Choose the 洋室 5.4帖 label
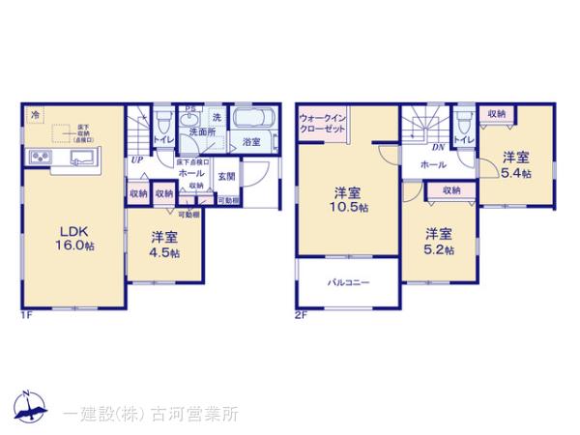pos(514,164)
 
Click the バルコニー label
pos(344,282)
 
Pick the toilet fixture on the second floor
pos(466,123)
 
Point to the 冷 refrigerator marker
pos(35,114)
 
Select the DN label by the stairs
pos(437,147)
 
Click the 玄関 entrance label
pos(225,175)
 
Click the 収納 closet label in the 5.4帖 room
pos(497,114)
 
